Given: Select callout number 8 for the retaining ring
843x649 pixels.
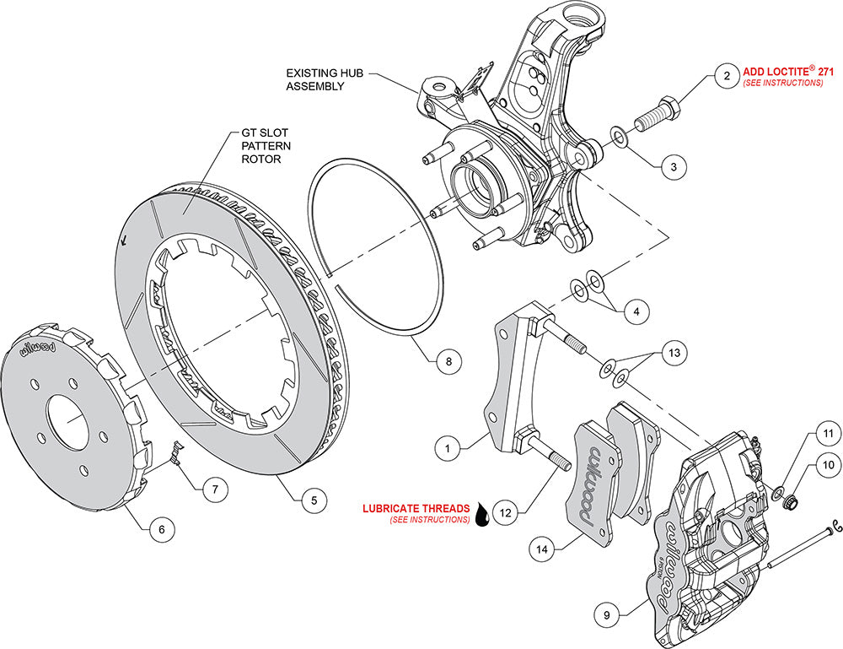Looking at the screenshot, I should click(449, 361).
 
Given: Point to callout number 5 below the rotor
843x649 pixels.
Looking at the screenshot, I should click(314, 500).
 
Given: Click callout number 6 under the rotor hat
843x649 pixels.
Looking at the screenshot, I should click(161, 529).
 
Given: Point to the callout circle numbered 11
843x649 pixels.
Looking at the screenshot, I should click(827, 435).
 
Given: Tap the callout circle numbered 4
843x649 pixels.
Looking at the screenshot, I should click(636, 311).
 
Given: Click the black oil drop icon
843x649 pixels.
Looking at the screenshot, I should click(482, 514).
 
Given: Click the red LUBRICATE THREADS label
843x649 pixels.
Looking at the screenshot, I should click(416, 509).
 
